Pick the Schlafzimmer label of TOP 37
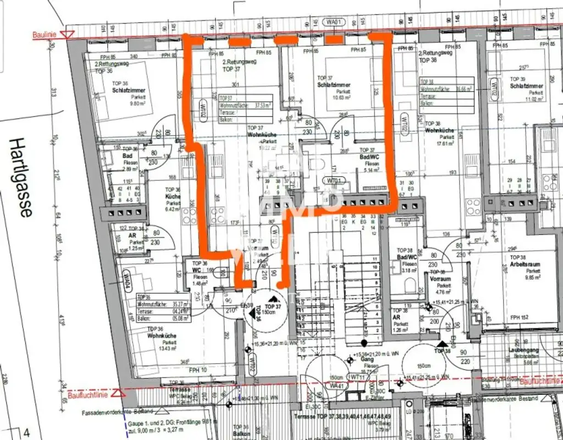(333, 85)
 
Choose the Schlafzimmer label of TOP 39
(526, 86)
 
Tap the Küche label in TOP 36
(173, 196)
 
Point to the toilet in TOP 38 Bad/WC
(410, 284)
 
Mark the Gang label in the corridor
(371, 360)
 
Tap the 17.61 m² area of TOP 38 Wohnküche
(440, 144)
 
